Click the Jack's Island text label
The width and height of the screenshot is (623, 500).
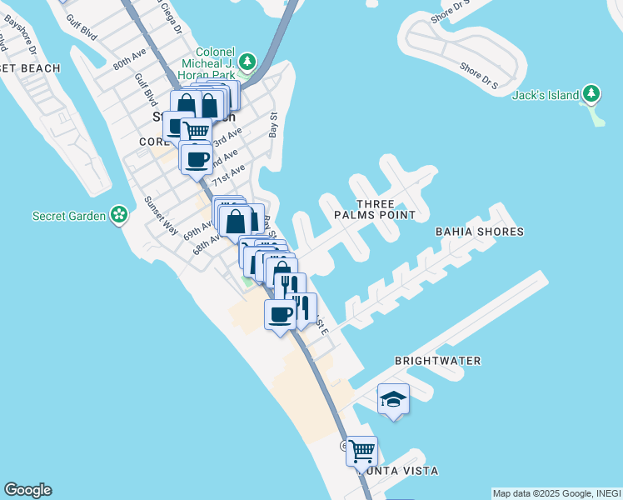546,95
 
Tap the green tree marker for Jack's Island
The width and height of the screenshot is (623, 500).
591,94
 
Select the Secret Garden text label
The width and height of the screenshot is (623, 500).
69,216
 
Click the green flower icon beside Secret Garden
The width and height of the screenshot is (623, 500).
120,216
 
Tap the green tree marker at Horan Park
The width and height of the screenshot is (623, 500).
247,62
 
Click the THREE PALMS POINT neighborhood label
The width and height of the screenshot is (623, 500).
374,209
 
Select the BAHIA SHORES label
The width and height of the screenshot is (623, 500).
480,231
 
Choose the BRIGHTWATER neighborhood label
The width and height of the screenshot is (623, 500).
437,361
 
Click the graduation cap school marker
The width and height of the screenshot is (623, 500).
393,400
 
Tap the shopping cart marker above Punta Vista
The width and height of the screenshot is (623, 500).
361,451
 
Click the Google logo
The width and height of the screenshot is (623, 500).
27,490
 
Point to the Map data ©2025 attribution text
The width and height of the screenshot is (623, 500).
556,493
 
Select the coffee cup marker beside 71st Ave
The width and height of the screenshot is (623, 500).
196,159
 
